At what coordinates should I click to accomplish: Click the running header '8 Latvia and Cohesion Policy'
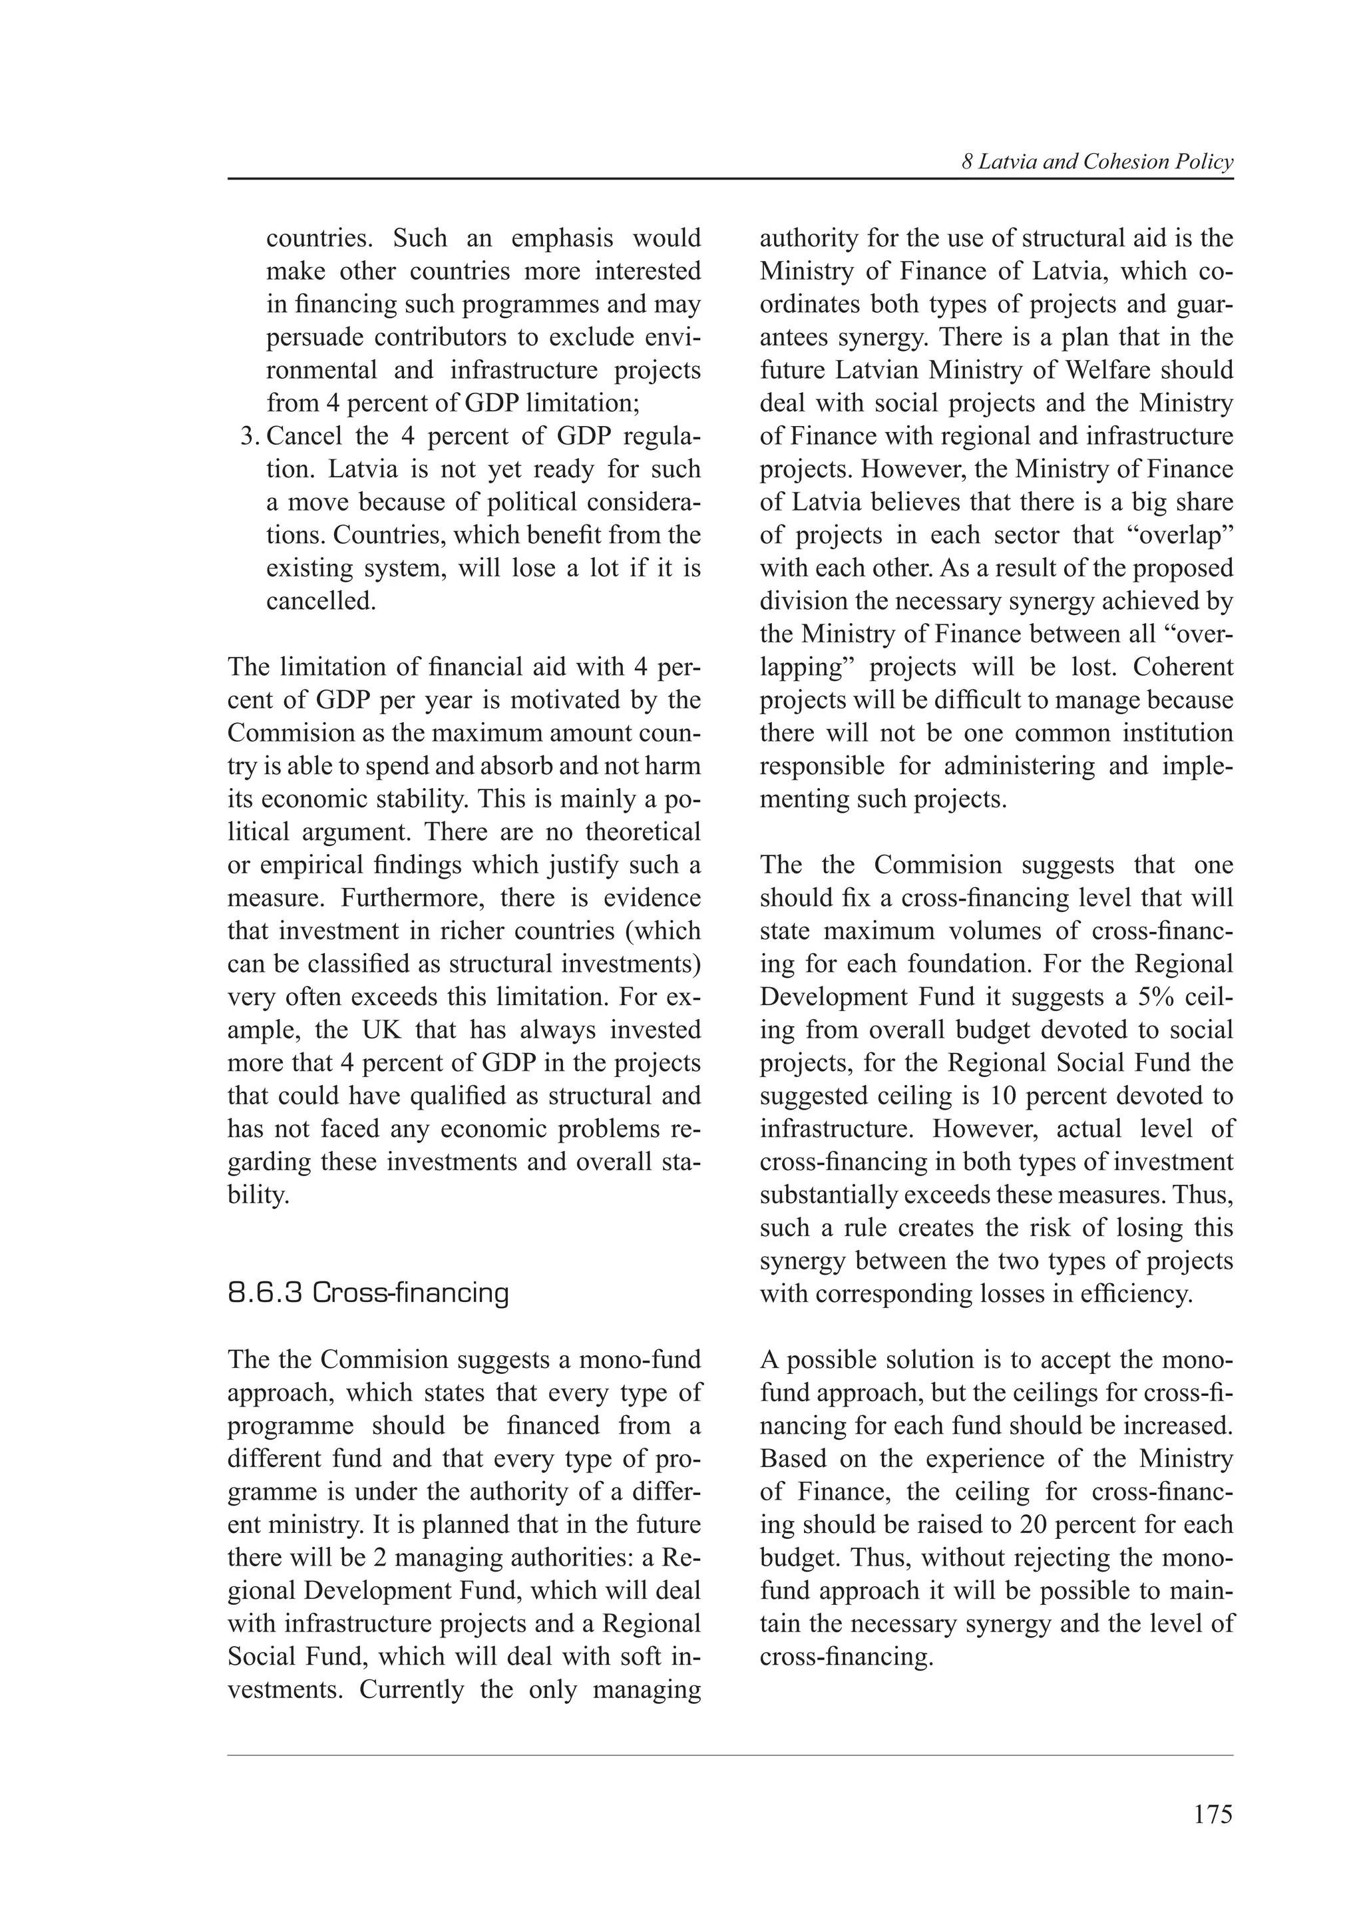(x=1097, y=162)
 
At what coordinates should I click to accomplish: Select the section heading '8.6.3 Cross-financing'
(x=368, y=1293)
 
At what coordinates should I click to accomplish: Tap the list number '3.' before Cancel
(x=249, y=437)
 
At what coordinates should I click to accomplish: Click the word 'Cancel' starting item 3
(x=303, y=437)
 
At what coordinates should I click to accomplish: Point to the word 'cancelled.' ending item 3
(x=321, y=602)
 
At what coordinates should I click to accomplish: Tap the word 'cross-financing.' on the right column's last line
(x=847, y=1657)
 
